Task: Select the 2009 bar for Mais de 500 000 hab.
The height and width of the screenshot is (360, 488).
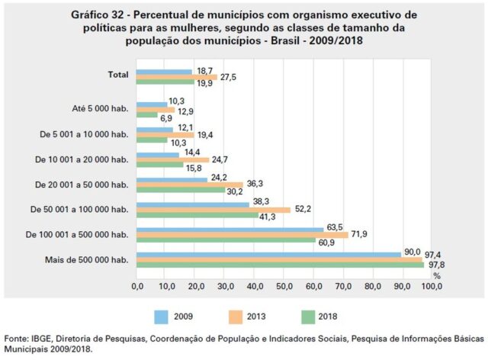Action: (268, 254)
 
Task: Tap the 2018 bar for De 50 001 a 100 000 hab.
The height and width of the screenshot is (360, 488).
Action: (197, 216)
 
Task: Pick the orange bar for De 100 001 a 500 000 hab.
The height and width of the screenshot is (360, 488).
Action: (242, 234)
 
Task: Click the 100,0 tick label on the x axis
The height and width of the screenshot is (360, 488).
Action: (431, 287)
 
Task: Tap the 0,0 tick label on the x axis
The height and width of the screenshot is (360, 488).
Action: (137, 287)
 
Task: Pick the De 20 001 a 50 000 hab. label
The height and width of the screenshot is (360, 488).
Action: (82, 184)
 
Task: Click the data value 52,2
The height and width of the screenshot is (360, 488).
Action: (303, 209)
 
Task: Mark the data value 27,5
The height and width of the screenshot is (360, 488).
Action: (229, 77)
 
